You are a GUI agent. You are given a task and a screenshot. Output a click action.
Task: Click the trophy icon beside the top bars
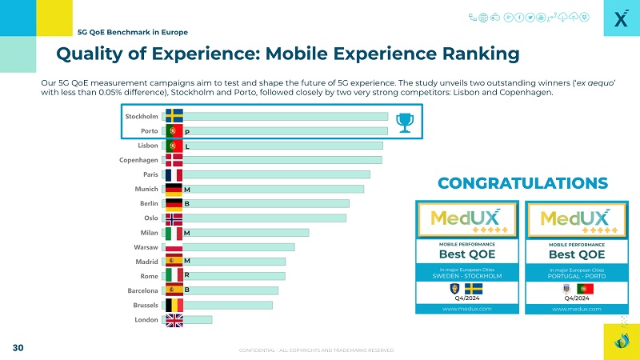point(405,122)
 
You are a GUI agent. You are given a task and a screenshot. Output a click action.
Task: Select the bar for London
point(197,319)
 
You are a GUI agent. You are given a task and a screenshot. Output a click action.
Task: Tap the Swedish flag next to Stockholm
point(174,117)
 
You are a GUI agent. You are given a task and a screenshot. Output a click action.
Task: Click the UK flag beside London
point(174,320)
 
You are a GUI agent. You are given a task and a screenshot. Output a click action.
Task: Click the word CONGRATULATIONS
point(522,183)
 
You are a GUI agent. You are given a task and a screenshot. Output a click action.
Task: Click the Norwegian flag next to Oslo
point(174,218)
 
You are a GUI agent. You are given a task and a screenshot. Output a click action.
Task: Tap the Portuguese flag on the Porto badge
point(585,288)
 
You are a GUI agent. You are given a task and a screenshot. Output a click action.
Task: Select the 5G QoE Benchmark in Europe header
point(133,32)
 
